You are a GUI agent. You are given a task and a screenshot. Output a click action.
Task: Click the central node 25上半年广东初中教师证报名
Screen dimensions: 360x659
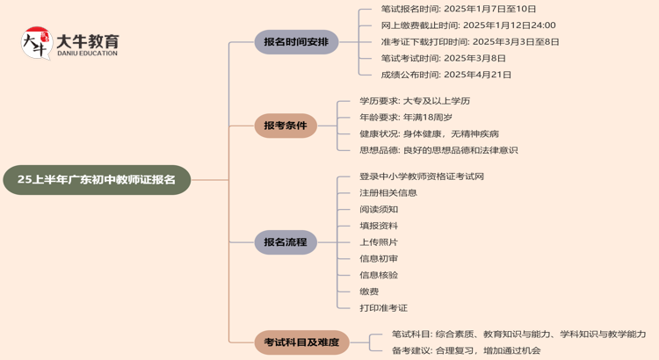pos(97,179)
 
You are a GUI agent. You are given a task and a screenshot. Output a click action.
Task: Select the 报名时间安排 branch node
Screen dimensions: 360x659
pos(296,41)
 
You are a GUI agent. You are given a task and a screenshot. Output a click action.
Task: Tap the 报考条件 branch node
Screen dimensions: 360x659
pos(286,126)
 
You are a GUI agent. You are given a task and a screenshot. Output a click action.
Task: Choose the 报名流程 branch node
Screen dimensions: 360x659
pos(286,241)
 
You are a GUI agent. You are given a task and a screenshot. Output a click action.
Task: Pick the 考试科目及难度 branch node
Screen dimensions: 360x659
pos(302,342)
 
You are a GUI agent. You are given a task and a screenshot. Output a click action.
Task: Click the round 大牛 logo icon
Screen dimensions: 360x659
pos(36,43)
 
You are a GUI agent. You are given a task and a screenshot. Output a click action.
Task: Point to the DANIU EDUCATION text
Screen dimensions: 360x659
pos(86,54)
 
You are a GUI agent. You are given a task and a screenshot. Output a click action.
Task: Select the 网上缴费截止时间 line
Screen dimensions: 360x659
pos(468,25)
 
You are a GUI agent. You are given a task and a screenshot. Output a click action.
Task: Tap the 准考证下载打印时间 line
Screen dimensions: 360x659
pos(470,41)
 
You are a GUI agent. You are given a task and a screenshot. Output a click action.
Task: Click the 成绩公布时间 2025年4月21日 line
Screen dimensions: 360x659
pos(446,75)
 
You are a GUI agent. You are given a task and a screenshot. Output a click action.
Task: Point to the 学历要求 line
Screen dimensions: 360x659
pos(415,101)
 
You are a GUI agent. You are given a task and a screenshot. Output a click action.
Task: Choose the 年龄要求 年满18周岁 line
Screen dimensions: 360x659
pos(406,117)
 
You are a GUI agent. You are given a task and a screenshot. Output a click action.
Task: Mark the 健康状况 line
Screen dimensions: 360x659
pos(429,133)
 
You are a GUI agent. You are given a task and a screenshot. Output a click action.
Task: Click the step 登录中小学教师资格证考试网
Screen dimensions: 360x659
pos(422,176)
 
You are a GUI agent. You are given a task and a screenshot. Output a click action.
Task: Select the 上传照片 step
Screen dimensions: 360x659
pos(379,241)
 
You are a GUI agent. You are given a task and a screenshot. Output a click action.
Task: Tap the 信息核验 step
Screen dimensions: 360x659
pos(379,275)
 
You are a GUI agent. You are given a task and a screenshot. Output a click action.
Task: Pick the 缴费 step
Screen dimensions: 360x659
pos(369,292)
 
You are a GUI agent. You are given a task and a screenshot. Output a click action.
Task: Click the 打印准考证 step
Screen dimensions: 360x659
pos(383,308)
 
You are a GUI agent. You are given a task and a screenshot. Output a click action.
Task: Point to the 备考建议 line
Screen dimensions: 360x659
pos(466,350)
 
